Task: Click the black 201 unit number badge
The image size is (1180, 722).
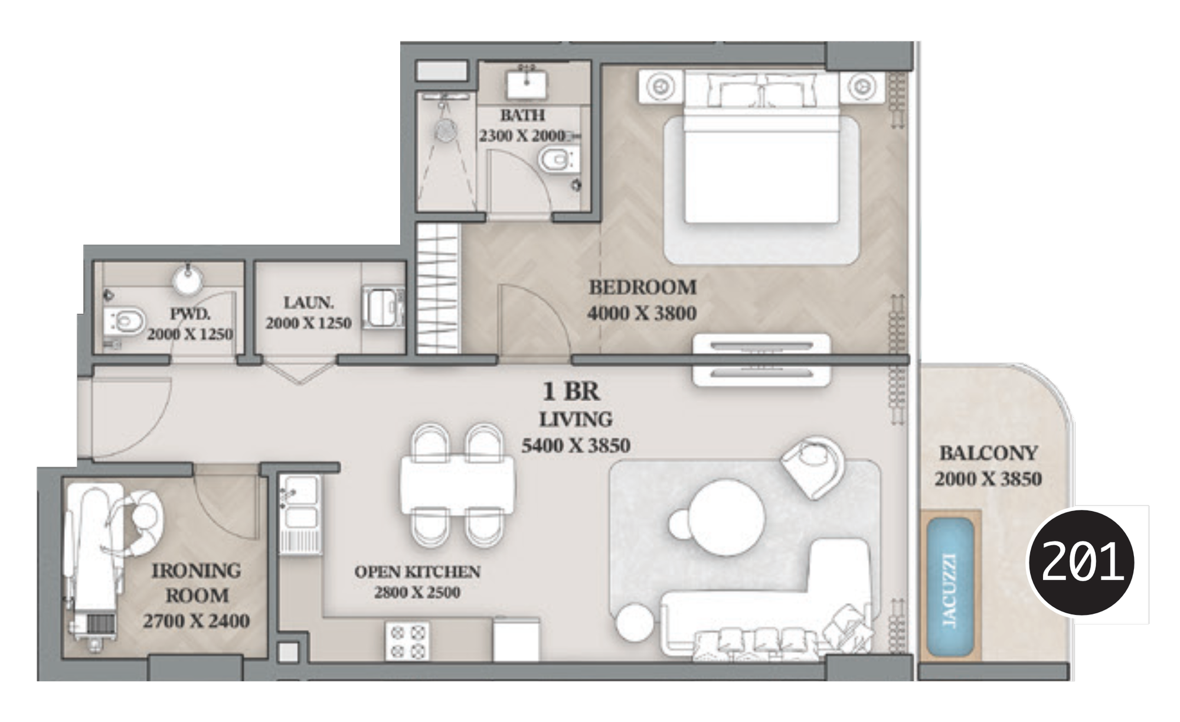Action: [x=1081, y=562]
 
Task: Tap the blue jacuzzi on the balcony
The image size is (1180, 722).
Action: [x=949, y=587]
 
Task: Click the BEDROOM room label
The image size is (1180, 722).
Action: [x=643, y=287]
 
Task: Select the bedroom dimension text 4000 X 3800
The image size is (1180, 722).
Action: [x=642, y=313]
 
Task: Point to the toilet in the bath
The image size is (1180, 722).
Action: [x=557, y=159]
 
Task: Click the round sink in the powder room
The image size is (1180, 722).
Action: [x=188, y=279]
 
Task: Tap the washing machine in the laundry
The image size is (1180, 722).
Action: [x=383, y=308]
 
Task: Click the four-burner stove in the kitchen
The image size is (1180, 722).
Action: [x=407, y=642]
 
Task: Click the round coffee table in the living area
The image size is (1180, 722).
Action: [x=726, y=518]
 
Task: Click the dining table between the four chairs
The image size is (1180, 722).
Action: [x=457, y=485]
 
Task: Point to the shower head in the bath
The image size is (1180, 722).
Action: [x=446, y=129]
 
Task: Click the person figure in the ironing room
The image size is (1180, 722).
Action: [x=135, y=522]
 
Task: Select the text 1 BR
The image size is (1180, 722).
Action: [x=571, y=391]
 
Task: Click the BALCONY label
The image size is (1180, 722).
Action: [x=988, y=453]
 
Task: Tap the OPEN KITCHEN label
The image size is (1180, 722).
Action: [x=417, y=571]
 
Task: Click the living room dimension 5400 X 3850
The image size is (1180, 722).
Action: [x=576, y=445]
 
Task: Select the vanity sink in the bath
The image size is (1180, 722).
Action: [x=526, y=83]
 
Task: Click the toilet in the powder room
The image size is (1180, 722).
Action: [x=125, y=321]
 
